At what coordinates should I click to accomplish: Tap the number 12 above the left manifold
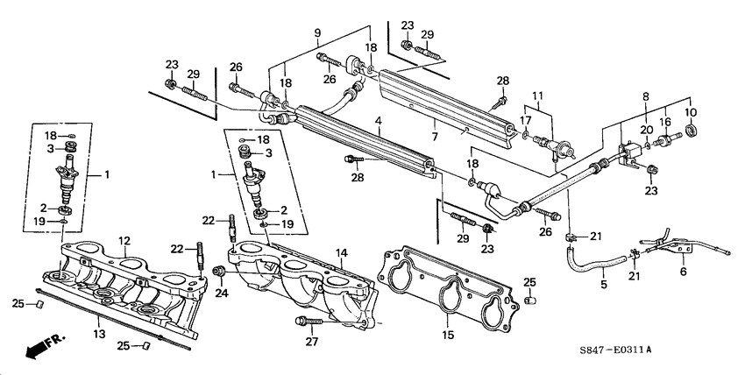pyautogui.click(x=124, y=240)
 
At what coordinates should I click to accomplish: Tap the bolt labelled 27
pyautogui.click(x=302, y=322)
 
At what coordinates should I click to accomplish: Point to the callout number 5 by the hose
pyautogui.click(x=604, y=284)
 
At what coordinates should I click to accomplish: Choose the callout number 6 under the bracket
pyautogui.click(x=684, y=271)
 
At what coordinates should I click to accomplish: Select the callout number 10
pyautogui.click(x=692, y=112)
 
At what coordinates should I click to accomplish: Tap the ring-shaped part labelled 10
pyautogui.click(x=692, y=131)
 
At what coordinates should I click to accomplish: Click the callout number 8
pyautogui.click(x=645, y=96)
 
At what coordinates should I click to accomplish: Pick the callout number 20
pyautogui.click(x=646, y=129)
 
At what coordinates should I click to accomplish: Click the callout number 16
pyautogui.click(x=665, y=123)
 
